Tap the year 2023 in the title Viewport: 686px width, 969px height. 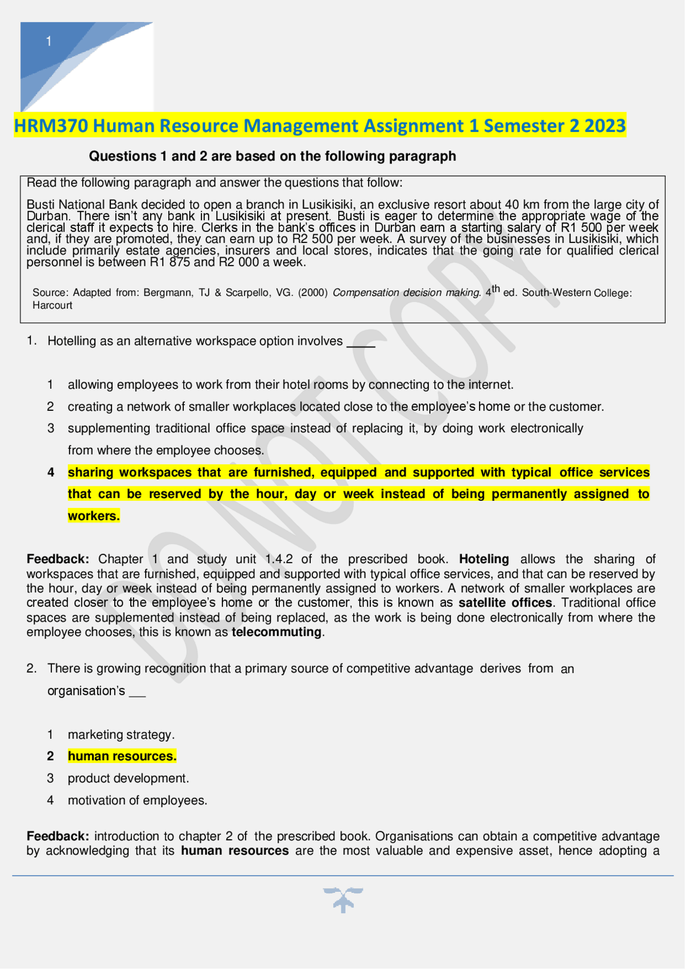(x=605, y=126)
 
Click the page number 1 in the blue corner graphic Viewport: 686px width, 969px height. (x=49, y=41)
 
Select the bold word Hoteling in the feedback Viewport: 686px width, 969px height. (x=483, y=559)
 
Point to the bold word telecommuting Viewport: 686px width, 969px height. (x=277, y=632)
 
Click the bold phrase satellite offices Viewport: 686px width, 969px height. (x=505, y=603)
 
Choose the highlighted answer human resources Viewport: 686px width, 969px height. (x=122, y=756)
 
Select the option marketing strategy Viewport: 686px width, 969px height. (x=121, y=735)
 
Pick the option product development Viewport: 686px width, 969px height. (x=128, y=778)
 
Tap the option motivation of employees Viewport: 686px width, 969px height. (x=137, y=800)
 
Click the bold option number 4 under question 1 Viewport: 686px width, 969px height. (x=50, y=472)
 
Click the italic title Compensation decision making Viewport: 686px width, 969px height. (x=406, y=293)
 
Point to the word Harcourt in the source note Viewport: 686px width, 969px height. (x=52, y=306)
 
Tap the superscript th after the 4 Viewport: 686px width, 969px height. (x=496, y=289)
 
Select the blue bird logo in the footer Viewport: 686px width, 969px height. (x=343, y=899)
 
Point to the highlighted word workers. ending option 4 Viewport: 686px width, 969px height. (x=93, y=516)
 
